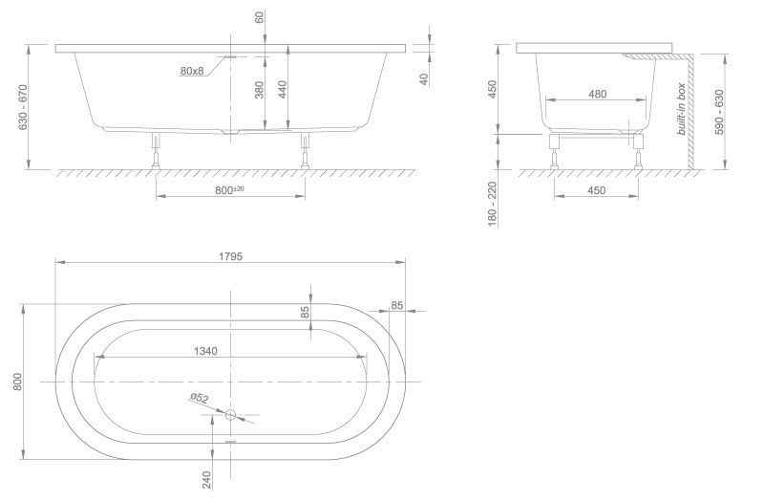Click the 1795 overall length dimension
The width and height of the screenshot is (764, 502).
(x=230, y=256)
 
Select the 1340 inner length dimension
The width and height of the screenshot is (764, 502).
(x=205, y=351)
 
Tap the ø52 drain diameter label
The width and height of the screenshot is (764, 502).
(x=200, y=399)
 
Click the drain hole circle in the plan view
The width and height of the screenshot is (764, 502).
(x=230, y=415)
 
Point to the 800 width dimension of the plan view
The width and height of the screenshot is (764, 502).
(x=17, y=382)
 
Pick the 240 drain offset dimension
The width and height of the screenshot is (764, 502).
(x=206, y=480)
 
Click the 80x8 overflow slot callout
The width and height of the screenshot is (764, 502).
(x=192, y=71)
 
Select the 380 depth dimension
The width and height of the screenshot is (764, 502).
(x=259, y=90)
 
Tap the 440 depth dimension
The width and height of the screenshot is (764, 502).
(x=282, y=90)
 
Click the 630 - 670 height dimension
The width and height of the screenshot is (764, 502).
(x=22, y=108)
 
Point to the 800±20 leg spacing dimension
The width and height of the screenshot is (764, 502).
(x=229, y=189)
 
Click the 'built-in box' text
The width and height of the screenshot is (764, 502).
(x=682, y=109)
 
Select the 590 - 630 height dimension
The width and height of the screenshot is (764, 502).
(x=720, y=112)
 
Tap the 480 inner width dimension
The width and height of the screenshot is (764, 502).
(x=598, y=94)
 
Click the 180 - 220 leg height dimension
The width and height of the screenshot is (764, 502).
(x=492, y=204)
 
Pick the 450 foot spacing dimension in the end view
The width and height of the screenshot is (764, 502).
(x=596, y=190)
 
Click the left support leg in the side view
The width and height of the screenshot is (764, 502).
(x=157, y=150)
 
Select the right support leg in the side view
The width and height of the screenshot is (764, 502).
(x=305, y=150)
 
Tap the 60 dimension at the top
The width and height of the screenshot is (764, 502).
(x=259, y=17)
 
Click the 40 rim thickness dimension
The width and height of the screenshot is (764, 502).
(x=424, y=78)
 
